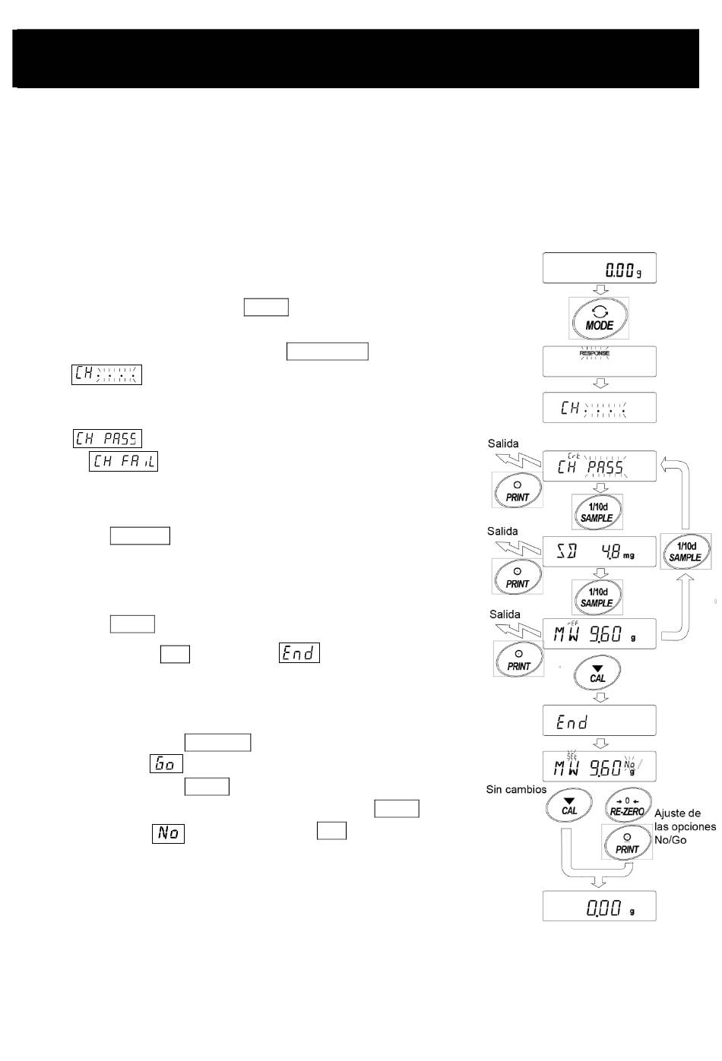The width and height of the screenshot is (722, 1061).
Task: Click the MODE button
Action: (599, 317)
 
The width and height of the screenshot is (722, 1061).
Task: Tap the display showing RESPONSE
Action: (599, 362)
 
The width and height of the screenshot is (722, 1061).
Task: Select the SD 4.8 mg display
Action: (599, 551)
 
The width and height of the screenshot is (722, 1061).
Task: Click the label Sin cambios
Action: (516, 790)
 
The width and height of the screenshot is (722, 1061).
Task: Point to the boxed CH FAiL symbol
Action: (123, 461)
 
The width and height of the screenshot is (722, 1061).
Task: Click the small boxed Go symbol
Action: (166, 763)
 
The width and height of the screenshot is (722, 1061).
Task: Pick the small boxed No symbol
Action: (168, 833)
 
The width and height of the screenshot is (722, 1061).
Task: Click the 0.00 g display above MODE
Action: (599, 269)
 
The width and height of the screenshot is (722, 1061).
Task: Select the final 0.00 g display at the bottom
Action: (599, 906)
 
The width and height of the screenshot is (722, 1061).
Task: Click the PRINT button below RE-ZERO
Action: (627, 843)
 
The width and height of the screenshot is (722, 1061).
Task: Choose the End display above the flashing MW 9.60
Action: (599, 721)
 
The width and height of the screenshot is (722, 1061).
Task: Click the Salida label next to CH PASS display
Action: (503, 444)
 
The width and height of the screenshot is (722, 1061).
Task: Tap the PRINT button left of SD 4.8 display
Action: (518, 576)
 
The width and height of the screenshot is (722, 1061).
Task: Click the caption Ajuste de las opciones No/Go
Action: (684, 826)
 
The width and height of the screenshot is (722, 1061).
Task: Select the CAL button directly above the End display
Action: (598, 673)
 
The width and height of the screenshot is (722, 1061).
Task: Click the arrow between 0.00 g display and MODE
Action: (599, 289)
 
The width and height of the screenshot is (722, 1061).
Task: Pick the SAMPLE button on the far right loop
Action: (685, 551)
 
